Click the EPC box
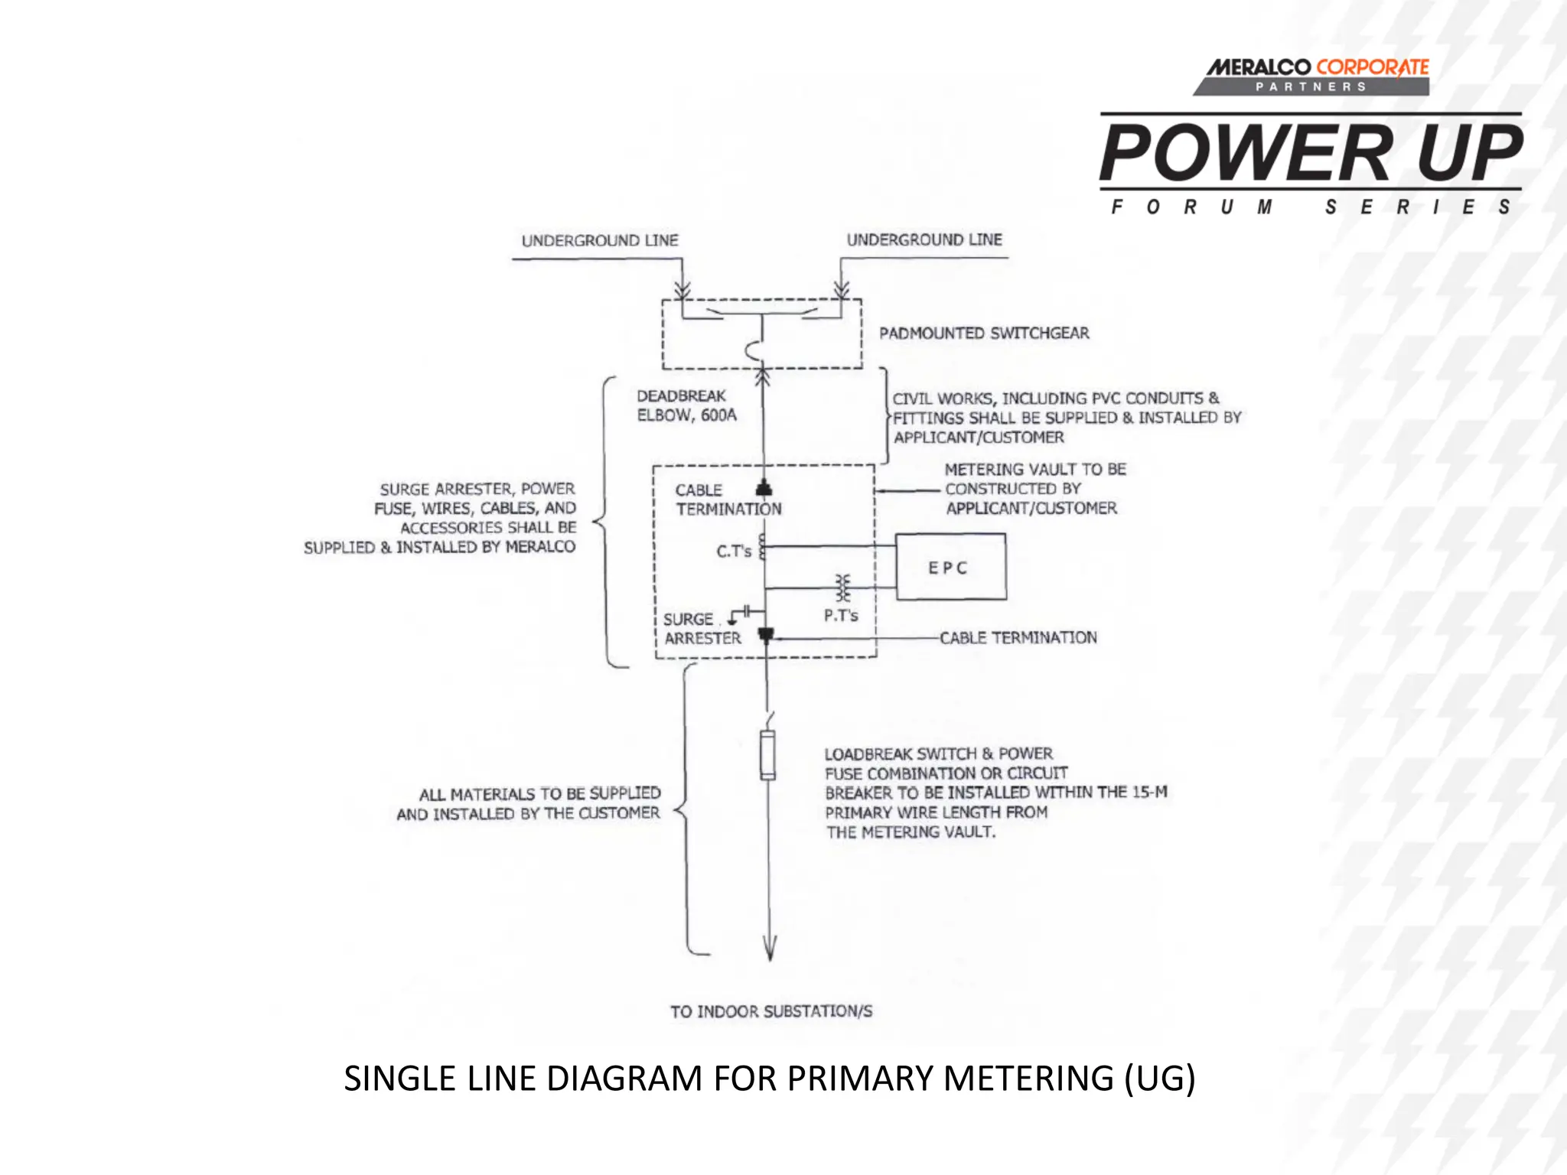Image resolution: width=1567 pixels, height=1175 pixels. [x=950, y=567]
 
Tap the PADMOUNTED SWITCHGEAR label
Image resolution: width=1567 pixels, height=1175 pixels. [x=984, y=334]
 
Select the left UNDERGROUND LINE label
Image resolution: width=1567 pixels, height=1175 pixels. [x=600, y=241]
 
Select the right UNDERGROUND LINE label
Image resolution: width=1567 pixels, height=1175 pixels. [x=924, y=240]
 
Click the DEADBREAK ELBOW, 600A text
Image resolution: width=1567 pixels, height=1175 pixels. [x=686, y=405]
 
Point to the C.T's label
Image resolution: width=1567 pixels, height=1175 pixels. [x=733, y=551]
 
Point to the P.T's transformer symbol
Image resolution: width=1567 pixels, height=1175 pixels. [x=842, y=588]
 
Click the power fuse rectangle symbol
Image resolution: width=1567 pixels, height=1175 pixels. [x=767, y=755]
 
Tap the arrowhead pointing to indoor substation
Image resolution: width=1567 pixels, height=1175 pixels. [x=770, y=949]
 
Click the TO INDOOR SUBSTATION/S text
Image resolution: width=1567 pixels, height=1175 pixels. [x=771, y=1011]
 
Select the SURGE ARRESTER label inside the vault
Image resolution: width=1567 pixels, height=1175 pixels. [x=702, y=629]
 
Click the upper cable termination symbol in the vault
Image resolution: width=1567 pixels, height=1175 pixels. [x=764, y=489]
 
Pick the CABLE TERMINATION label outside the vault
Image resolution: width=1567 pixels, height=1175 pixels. [x=1018, y=638]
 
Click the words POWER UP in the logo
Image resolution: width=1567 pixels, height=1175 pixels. [x=1311, y=153]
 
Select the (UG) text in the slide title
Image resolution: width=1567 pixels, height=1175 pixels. [x=1159, y=1079]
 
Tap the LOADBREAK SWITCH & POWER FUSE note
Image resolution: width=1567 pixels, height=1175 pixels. [x=995, y=793]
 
